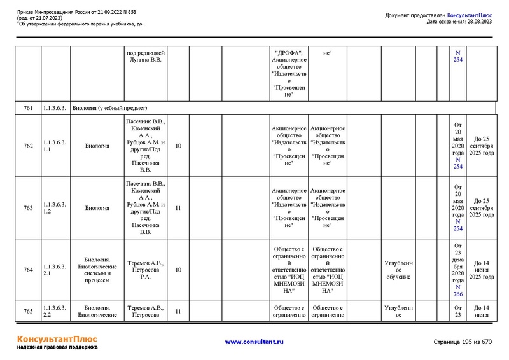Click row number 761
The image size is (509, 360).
click(x=29, y=108)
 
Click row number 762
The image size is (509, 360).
click(x=29, y=146)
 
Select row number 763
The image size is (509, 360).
click(x=29, y=207)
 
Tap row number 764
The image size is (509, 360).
click(x=29, y=270)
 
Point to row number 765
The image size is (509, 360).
click(x=29, y=311)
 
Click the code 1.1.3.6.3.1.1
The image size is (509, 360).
click(x=55, y=146)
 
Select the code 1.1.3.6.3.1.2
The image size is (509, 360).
click(x=55, y=207)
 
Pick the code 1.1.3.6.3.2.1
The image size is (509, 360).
click(x=55, y=270)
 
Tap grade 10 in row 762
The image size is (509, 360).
click(x=178, y=146)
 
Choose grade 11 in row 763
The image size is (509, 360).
click(x=178, y=207)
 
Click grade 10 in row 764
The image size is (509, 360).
click(x=178, y=270)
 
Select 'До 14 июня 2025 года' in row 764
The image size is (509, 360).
click(x=481, y=270)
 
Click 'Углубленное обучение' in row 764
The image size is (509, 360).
click(x=398, y=270)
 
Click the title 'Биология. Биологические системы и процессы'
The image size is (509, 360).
click(x=97, y=270)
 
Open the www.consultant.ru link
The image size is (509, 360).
click(x=254, y=342)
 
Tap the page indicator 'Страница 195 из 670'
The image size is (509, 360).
click(x=463, y=342)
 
